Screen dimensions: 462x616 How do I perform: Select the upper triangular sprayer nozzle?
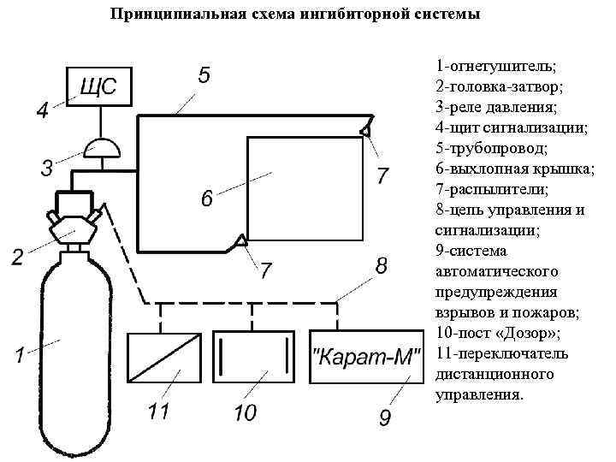(x=364, y=130)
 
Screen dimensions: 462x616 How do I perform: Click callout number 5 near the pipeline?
(x=204, y=75)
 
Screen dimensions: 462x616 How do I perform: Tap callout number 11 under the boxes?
(x=158, y=412)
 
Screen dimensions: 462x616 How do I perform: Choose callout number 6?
(x=206, y=199)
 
